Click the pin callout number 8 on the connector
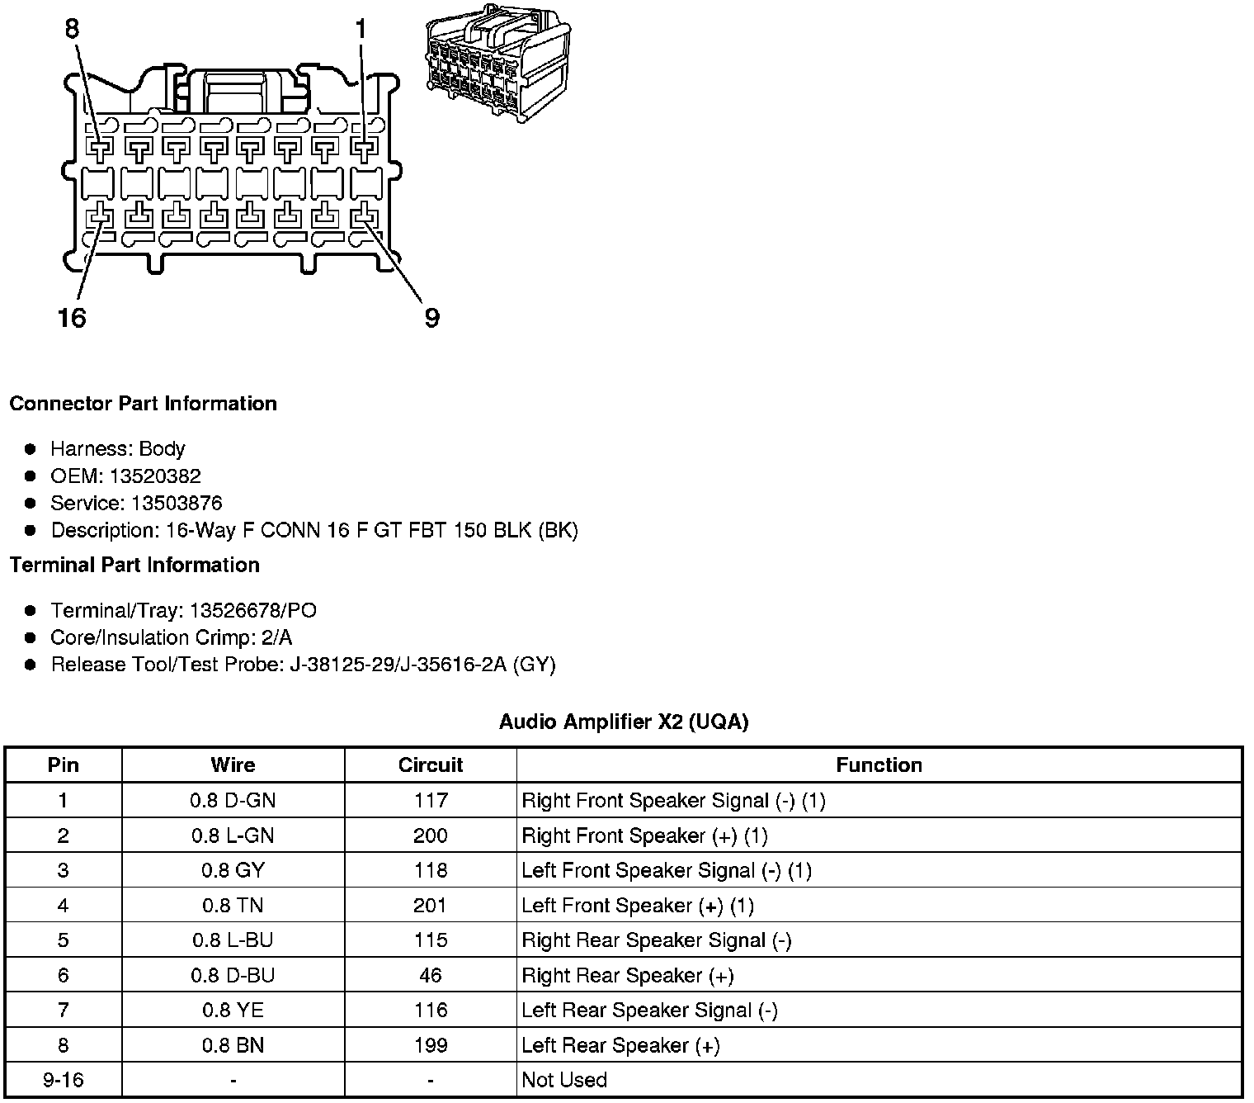72,29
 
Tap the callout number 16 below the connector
72,317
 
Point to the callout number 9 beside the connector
431,317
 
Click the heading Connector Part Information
143,404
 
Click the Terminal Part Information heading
134,566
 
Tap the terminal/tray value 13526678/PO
252,611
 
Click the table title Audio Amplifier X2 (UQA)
624,722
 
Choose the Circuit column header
431,765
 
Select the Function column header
879,765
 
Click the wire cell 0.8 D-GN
233,801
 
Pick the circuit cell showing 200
431,836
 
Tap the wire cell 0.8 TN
233,906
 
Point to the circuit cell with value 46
431,976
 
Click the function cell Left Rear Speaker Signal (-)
649,1011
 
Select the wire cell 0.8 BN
233,1046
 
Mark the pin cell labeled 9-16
63,1081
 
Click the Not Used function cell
564,1081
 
